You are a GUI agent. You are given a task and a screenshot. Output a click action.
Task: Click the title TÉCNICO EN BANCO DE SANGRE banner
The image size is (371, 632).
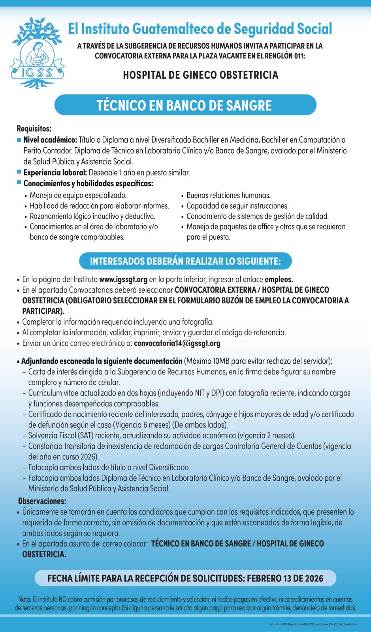(185, 105)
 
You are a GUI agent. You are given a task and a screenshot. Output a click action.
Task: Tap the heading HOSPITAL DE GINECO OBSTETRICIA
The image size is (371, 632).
(200, 75)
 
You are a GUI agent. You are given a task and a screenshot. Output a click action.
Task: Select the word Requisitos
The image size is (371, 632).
(34, 129)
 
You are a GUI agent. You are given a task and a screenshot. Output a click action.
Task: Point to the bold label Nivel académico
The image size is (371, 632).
(50, 140)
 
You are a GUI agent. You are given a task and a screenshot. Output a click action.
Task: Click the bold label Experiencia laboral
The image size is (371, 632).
(55, 173)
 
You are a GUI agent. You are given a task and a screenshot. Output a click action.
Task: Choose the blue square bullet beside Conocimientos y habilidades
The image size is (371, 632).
(19, 182)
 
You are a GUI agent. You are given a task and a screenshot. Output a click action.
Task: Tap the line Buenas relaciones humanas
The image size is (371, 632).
(228, 195)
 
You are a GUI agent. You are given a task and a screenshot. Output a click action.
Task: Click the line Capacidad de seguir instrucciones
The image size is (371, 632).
(237, 206)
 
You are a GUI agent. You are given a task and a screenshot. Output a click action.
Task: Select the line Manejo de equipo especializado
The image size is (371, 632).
(78, 195)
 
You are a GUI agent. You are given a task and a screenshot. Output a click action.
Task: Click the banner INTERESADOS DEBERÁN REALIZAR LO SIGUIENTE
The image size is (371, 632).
(185, 261)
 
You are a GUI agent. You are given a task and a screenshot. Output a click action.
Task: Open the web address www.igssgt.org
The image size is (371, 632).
(123, 279)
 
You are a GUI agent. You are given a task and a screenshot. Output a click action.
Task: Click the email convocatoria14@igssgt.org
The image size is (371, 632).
(177, 343)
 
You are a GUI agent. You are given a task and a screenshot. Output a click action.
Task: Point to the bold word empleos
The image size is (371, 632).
(279, 279)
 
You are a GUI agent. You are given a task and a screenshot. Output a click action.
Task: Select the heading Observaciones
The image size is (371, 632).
(42, 501)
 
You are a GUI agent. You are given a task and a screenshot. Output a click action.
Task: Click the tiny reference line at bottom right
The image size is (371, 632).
(313, 624)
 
